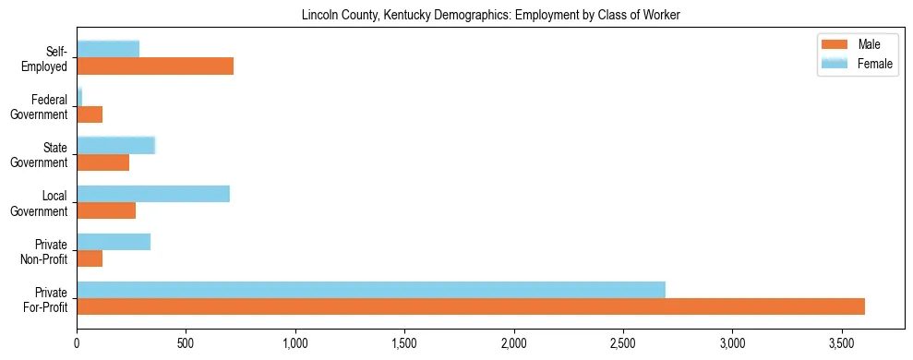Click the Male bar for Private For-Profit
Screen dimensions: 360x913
[x=471, y=306]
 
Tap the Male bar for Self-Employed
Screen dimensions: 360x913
[x=155, y=66]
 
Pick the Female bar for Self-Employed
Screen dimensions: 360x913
[x=108, y=49]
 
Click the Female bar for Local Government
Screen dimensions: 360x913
[x=153, y=194]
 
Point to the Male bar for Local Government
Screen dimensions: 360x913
[x=106, y=210]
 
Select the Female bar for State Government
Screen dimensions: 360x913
[x=115, y=145]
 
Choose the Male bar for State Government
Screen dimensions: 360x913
[x=103, y=162]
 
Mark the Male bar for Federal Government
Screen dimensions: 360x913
[x=90, y=114]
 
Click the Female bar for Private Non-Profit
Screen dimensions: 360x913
[x=114, y=242]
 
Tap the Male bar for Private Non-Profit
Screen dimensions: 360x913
[x=90, y=258]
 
